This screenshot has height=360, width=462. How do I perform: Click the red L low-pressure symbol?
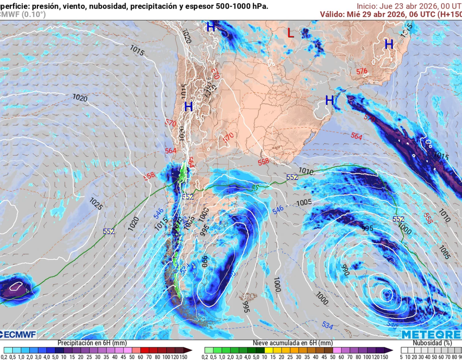coord(291,32)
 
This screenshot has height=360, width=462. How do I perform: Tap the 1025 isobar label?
coord(96,203)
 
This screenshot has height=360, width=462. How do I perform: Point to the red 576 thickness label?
coord(362,71)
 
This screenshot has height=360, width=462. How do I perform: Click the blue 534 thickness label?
coord(328,324)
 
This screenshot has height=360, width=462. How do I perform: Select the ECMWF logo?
coord(18,334)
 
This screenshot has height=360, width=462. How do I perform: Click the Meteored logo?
coord(431,334)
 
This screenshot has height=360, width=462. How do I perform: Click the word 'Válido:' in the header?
coord(333,14)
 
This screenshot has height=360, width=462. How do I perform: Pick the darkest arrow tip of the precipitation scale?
coord(189,350)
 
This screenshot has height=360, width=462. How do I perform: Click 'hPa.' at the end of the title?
coord(261,6)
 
